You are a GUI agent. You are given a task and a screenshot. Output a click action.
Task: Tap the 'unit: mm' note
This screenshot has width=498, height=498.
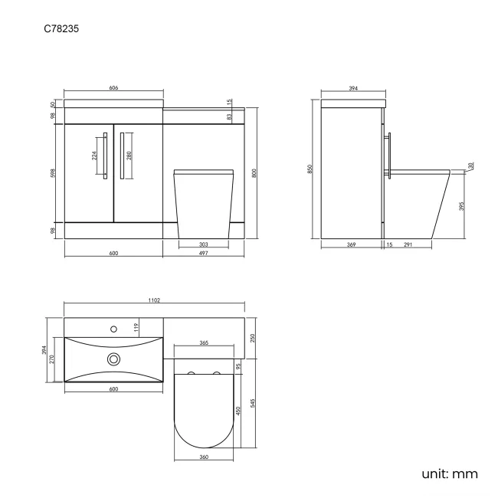coord(449,473)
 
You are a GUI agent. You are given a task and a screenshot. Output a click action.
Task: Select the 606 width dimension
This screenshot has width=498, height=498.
coord(113,89)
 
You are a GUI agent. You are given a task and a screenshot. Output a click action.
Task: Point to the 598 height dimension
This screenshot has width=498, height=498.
coord(53,174)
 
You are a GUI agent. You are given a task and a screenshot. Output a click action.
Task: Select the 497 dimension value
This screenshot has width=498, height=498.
coord(204,254)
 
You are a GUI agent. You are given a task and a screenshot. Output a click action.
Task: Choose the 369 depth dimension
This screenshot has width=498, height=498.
coord(351,244)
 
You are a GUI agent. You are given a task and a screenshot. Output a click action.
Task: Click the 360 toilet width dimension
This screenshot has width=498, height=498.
coord(204,457)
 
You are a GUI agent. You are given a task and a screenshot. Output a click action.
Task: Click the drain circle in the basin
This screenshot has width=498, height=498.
coord(114,358)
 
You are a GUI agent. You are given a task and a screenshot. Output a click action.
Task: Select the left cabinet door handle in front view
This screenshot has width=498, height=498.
coord(103,158)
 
